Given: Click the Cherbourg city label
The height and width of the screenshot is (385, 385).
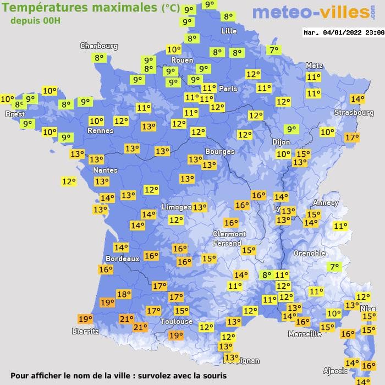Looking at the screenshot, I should [99, 46].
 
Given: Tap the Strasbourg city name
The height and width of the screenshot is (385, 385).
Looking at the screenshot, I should [354, 113].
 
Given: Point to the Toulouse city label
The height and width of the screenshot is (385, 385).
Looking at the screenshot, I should [177, 321].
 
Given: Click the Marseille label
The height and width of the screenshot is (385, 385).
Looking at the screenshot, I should [305, 334].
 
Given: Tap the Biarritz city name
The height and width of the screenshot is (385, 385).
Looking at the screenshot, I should [85, 331].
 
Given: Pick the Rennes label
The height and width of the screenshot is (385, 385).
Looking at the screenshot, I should [101, 131].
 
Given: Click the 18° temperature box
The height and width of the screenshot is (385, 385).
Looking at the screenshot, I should [124, 294].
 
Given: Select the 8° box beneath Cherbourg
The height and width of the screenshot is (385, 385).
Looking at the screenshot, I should [99, 58].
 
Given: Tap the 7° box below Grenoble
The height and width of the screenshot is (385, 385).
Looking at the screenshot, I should [334, 267].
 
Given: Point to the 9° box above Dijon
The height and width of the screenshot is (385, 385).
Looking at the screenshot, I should [291, 129].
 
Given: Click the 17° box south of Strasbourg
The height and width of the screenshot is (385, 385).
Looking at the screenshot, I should [351, 137].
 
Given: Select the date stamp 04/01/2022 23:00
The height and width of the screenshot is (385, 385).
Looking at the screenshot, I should [344, 32].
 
